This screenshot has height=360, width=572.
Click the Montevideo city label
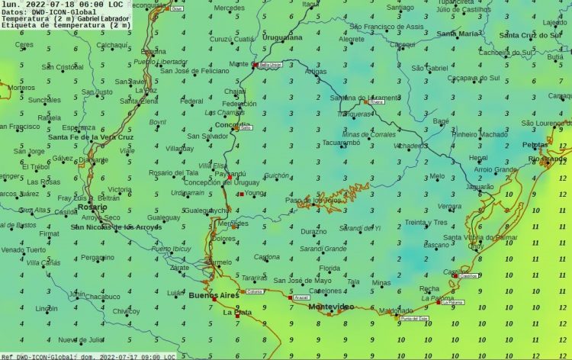pyautogui.click(x=331, y=307)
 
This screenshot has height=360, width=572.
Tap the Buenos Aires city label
pyautogui.click(x=214, y=295)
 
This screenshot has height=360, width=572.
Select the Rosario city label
pyautogui.click(x=92, y=207)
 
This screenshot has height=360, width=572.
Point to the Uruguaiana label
pyautogui.click(x=282, y=37)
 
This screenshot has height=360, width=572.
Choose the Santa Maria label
pyautogui.click(x=458, y=34)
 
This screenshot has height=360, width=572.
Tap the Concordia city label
pyautogui.click(x=233, y=124)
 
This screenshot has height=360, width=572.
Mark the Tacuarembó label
pyautogui.click(x=341, y=143)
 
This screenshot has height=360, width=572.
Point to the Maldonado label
pyautogui.click(x=396, y=310)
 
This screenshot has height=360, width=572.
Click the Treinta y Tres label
pyautogui.click(x=426, y=222)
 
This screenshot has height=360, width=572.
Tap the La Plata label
pyautogui.click(x=237, y=313)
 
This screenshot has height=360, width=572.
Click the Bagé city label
pyautogui.click(x=441, y=121)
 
